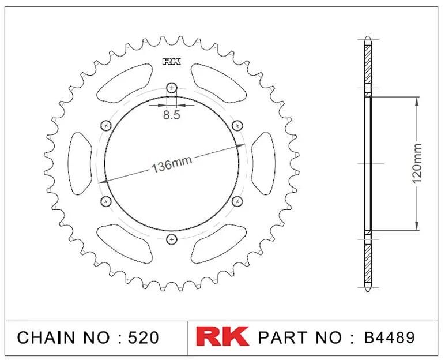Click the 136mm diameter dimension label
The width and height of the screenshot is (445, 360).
click(172, 164)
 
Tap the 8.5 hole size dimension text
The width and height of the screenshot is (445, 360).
click(171, 115)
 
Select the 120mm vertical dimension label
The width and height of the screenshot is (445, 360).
click(417, 163)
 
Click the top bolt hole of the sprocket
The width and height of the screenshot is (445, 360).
click(171, 88)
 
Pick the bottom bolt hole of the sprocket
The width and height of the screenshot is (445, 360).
click(171, 239)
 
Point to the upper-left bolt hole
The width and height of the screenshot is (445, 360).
click(106, 125)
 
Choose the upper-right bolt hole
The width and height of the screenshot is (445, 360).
click(237, 125)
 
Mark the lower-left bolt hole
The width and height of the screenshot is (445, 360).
click(106, 201)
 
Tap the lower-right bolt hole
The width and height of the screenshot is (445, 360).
click(237, 201)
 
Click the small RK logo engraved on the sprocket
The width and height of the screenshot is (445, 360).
click(171, 62)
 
